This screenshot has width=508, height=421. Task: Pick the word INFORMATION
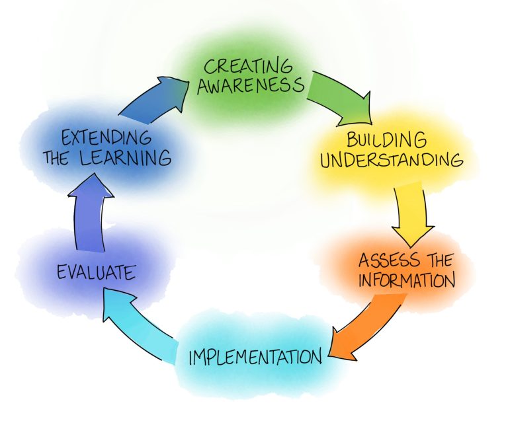pos(406,279)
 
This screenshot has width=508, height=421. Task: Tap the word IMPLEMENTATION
pos(255,358)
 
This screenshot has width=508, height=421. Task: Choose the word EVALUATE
pos(96,272)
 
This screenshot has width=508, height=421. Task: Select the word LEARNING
pos(131,159)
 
